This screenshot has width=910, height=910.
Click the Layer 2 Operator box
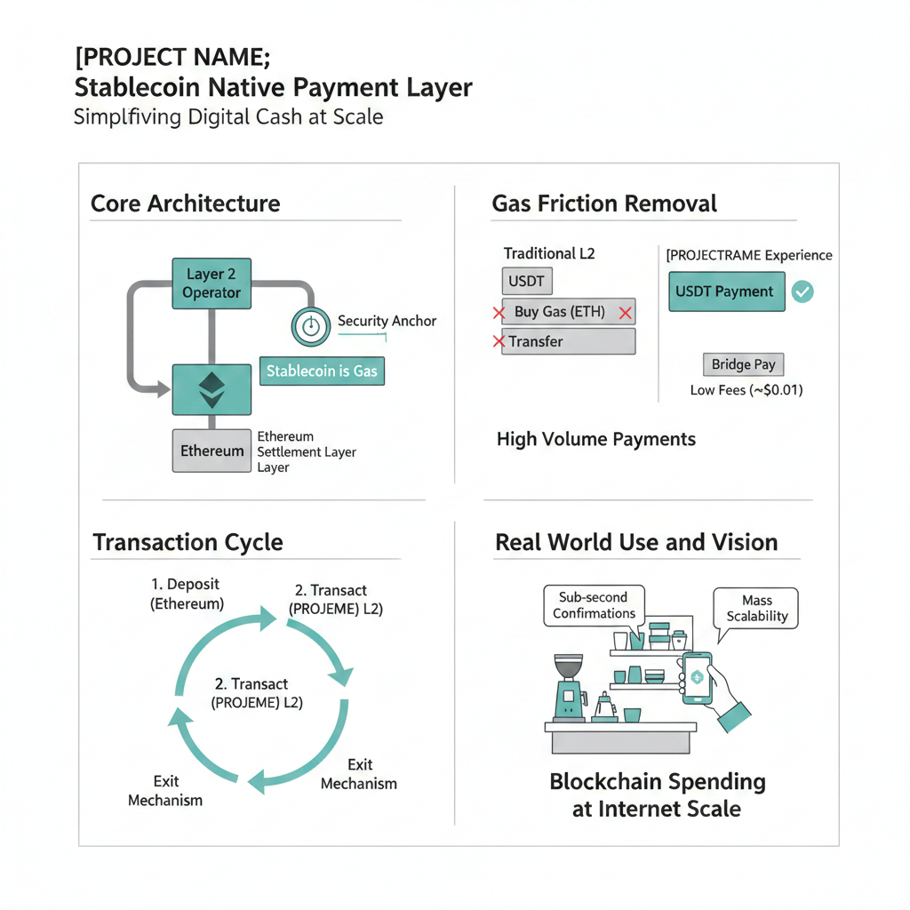click(x=212, y=283)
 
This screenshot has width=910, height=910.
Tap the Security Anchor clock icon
click(x=310, y=326)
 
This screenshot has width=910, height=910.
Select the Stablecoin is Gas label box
click(x=322, y=371)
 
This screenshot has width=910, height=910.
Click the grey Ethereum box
click(x=212, y=451)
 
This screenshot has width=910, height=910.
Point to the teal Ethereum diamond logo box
click(x=211, y=389)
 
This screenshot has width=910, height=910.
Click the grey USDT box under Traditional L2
click(x=526, y=282)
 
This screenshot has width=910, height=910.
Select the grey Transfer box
click(x=569, y=341)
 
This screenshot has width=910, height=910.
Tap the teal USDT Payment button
click(x=725, y=291)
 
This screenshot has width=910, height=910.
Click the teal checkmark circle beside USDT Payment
click(x=802, y=291)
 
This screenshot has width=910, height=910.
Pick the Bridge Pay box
click(x=744, y=364)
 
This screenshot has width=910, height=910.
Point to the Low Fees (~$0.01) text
click(x=746, y=390)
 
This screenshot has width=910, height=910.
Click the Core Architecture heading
click(x=185, y=204)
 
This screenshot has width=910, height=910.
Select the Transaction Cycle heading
click(x=188, y=542)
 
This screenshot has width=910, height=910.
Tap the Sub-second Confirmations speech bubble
click(x=594, y=605)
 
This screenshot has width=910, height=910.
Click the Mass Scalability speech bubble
click(x=757, y=610)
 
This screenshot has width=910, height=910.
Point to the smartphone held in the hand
click(x=697, y=678)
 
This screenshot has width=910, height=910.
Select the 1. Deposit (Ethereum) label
click(x=186, y=594)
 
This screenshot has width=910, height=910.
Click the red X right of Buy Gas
click(x=626, y=313)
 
